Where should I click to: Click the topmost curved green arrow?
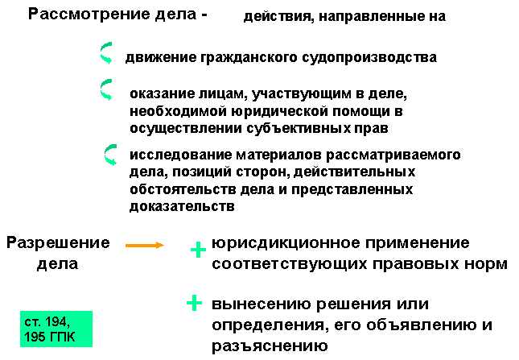(x=105, y=53)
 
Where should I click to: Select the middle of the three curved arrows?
(x=105, y=89)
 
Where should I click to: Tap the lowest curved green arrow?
(x=109, y=155)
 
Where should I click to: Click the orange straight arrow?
(x=145, y=245)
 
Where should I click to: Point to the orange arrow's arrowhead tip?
(x=164, y=245)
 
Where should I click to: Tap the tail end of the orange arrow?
(x=126, y=245)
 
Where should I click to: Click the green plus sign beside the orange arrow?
(x=198, y=250)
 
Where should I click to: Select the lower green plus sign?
(x=194, y=303)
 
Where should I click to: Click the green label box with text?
(x=56, y=329)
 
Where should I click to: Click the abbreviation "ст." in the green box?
(x=32, y=322)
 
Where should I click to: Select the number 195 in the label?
(x=35, y=337)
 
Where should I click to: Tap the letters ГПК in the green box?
(x=62, y=337)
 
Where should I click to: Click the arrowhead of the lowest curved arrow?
(x=113, y=162)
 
